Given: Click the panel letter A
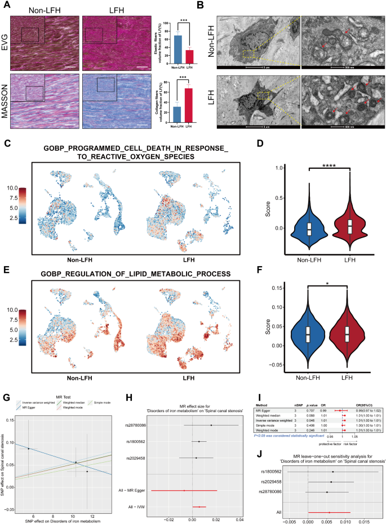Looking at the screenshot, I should [x=6, y=6].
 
